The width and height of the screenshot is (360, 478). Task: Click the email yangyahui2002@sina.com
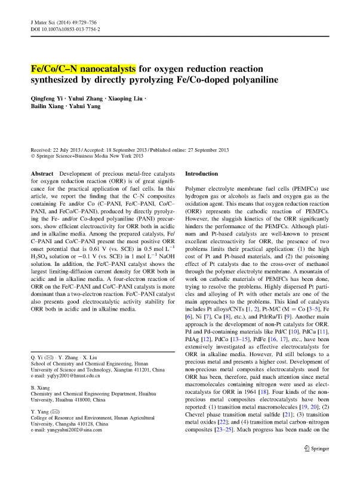click(x=67, y=446)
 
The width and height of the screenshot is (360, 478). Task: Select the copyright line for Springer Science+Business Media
click(x=87, y=157)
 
